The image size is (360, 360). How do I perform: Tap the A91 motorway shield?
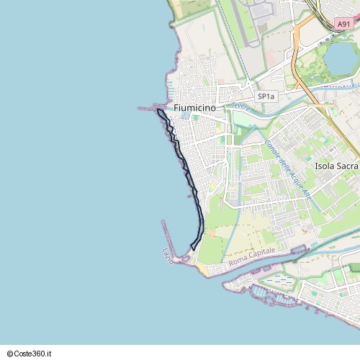pos(343,24)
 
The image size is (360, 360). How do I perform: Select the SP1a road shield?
pos(266,96)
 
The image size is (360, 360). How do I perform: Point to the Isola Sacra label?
pos(336,166)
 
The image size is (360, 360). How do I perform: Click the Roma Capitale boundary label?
pos(251,264)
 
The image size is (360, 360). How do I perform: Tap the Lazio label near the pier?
pos(168,255)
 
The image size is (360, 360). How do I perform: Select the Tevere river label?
pos(240,106)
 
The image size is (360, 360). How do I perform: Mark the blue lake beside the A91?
pos(341,59)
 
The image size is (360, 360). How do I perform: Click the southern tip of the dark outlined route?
pos(193,249)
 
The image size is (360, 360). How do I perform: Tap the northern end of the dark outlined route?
pos(158,112)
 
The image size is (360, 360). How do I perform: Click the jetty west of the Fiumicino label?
pos(148,109)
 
